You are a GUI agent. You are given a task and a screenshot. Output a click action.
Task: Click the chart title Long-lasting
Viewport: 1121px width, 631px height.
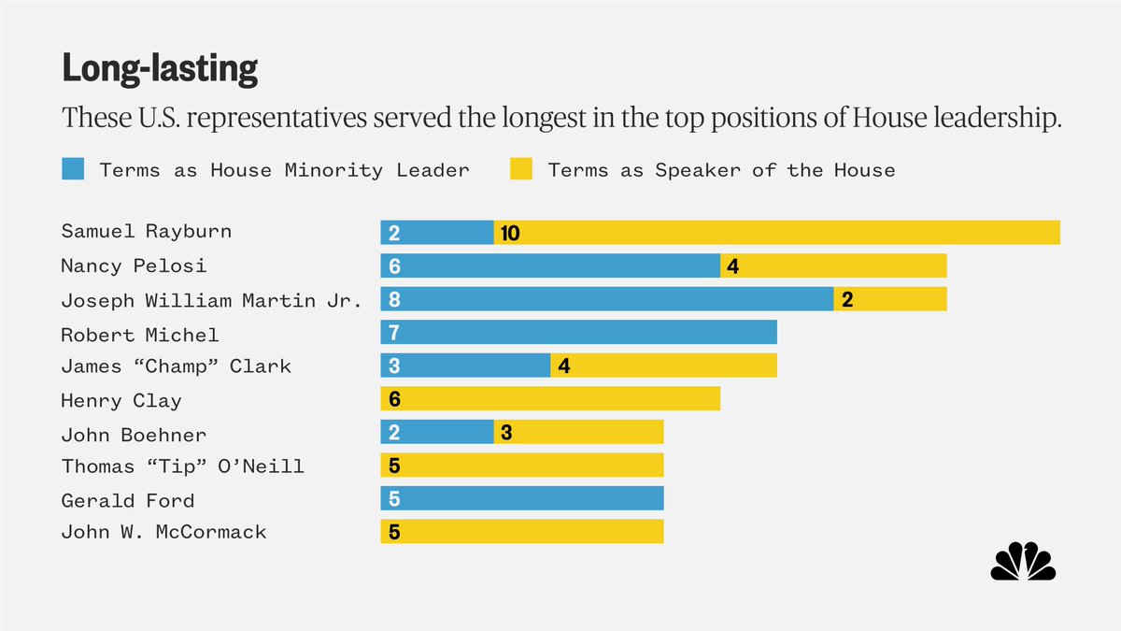coord(160,69)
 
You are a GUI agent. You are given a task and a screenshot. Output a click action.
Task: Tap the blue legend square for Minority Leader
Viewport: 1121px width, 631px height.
coord(73,169)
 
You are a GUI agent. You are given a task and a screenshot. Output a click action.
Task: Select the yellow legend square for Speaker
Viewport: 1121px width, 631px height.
coord(521,169)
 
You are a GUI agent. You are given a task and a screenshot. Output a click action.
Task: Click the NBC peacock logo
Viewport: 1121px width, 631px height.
coord(1023,561)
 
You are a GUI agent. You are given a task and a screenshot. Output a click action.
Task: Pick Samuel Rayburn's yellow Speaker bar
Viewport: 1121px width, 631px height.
coord(776,232)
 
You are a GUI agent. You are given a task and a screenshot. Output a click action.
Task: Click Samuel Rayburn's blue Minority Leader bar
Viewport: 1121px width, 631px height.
coord(437,232)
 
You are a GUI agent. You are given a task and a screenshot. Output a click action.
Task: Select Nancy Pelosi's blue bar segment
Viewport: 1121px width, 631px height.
coord(550,265)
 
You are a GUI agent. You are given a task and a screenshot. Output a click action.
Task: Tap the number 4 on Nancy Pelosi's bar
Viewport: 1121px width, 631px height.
coord(732,266)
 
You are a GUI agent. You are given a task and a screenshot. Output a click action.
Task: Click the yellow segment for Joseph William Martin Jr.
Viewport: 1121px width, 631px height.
coord(890,299)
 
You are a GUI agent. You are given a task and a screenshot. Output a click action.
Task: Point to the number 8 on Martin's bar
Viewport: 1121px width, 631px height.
coord(394,300)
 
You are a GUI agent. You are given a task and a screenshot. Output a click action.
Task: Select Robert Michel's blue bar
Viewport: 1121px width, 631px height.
coord(578,332)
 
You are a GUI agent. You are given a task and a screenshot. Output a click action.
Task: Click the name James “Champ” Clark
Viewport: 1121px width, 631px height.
coord(176,366)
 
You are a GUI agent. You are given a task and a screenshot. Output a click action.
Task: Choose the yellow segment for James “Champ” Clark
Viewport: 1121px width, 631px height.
coord(663,366)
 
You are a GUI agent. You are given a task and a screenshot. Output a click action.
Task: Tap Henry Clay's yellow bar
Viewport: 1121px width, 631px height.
coord(550,399)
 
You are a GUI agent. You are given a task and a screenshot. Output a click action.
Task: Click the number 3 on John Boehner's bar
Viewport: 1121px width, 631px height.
coord(506,433)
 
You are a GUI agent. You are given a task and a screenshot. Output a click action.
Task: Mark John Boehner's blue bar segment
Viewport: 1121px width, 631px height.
coord(437,432)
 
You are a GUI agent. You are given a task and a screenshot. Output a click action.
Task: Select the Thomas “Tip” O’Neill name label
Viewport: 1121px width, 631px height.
coord(182,466)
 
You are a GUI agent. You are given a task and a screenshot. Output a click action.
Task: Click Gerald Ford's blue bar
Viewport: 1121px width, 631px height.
coord(521,498)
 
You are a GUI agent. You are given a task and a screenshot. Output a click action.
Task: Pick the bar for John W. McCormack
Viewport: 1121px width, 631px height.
coord(521,532)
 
